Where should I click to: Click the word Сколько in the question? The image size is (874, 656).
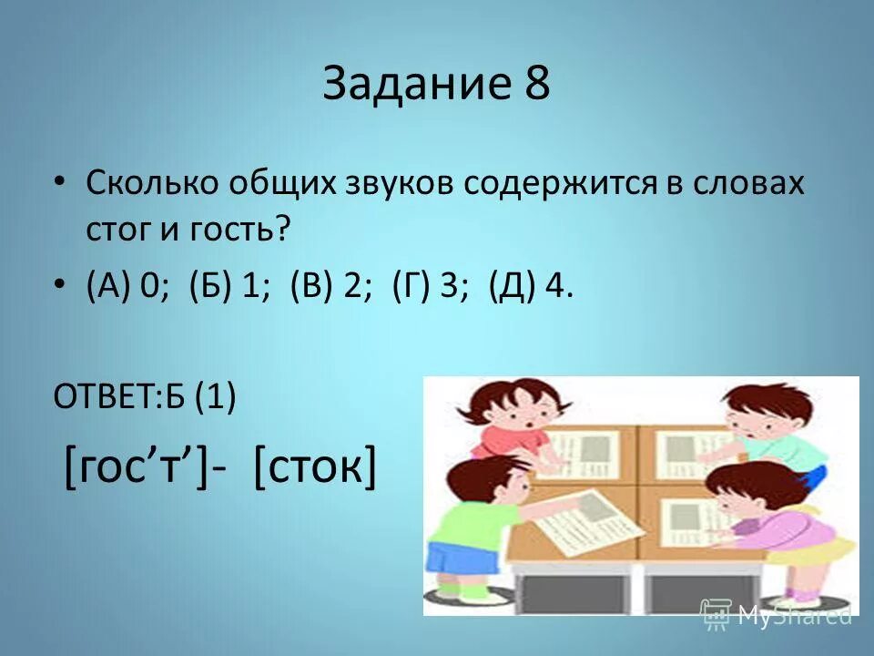click(150, 182)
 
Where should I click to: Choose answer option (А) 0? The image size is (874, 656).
click(125, 287)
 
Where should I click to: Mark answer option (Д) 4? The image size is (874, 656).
click(532, 287)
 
